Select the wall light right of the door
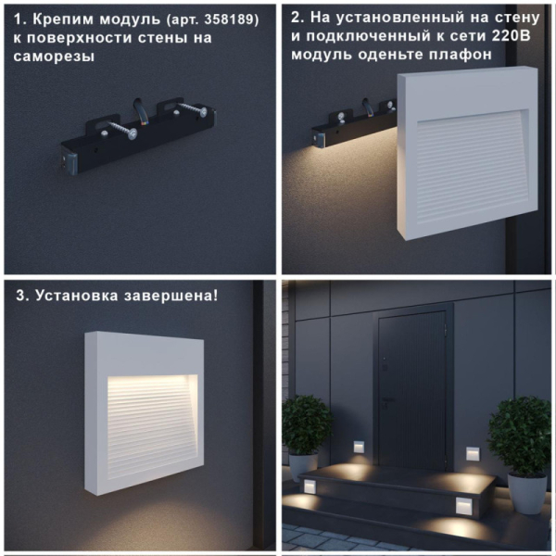[472, 454]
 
